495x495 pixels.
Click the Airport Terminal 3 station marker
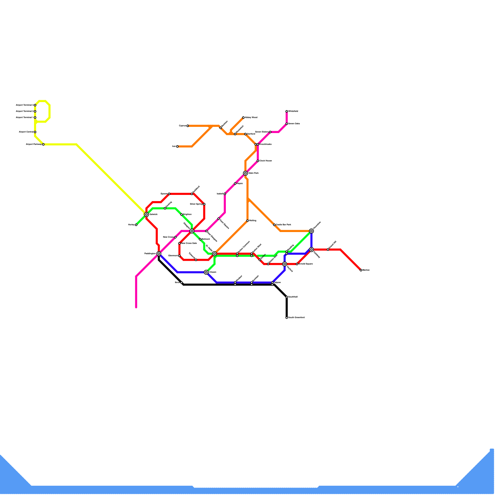click(35, 105)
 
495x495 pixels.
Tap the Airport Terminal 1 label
click(24, 118)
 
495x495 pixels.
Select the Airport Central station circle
click(35, 132)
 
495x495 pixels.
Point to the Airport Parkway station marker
click(43, 144)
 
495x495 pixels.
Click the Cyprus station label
click(182, 126)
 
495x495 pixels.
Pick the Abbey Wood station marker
click(243, 118)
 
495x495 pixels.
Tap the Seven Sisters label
click(262, 132)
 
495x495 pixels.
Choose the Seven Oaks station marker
click(287, 124)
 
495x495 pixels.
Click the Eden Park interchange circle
click(245, 173)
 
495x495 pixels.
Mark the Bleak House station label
click(265, 161)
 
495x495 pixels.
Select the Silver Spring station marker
click(204, 204)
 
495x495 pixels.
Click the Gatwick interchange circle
click(146, 214)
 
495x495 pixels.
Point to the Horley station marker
click(136, 225)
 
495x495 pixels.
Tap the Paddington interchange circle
click(159, 254)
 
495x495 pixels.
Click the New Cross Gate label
click(189, 243)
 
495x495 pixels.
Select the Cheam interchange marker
click(206, 272)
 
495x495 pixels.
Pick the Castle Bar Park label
click(283, 225)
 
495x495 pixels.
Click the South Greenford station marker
click(287, 318)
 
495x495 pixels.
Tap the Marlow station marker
click(361, 270)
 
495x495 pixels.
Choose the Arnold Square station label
click(306, 264)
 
